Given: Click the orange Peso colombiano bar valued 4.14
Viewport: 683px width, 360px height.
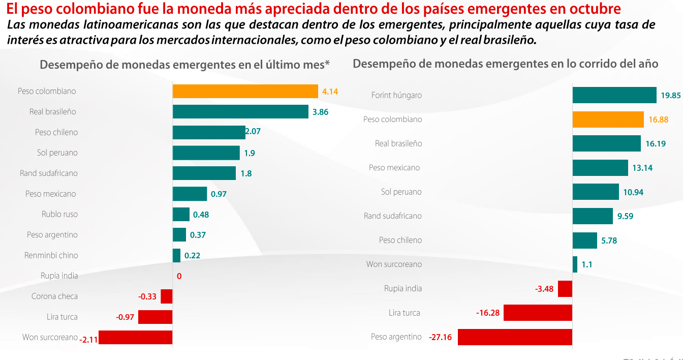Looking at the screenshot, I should point(245,92).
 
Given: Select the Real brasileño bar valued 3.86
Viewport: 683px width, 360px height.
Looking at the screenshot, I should point(240,112).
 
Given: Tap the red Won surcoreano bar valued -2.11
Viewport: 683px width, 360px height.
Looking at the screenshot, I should point(135,338).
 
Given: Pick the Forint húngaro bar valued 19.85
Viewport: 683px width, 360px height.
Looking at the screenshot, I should point(614,95).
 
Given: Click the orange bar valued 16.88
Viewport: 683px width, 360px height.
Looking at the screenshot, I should point(608,119).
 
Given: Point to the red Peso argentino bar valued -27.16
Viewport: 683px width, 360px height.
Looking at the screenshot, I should point(515,337).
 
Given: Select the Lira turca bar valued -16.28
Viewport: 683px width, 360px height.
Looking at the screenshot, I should point(538,313).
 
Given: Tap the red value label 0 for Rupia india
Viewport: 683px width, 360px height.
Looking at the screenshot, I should point(179,276).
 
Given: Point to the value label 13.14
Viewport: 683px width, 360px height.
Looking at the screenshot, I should point(642,168).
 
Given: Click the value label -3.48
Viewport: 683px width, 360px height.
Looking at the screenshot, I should point(544,289).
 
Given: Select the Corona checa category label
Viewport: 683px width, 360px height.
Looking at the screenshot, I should point(54,296).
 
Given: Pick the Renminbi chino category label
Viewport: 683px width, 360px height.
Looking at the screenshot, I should point(51,255).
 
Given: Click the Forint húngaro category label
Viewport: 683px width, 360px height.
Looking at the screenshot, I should point(396,95).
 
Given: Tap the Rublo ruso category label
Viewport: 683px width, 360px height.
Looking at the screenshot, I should point(59,214).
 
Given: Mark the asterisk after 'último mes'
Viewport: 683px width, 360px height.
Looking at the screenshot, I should point(327,64).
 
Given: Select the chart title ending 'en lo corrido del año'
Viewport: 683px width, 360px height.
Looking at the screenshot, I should point(505,64).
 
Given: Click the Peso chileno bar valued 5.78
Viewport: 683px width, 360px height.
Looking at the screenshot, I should point(584,241).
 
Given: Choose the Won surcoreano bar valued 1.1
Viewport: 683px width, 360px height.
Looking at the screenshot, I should point(575,264).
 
